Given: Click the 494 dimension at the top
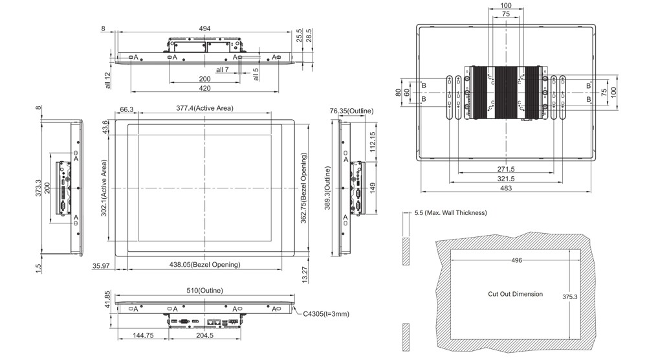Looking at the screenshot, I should pos(204,28).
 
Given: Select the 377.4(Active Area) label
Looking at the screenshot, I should pos(204,108).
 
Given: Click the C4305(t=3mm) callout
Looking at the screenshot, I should pos(327,314).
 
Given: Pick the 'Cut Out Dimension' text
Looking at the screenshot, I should pos(515,294).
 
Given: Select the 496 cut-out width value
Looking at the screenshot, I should pos(516,260).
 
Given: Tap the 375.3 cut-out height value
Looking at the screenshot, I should pos(570,297).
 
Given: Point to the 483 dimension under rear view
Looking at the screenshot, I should pos(505,188).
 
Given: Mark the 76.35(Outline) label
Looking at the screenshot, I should pos(351,111).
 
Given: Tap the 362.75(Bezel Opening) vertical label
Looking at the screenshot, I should pos(303,188).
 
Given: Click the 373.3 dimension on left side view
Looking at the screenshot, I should pos(39,188).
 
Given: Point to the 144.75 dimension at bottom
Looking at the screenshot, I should pos(142,336).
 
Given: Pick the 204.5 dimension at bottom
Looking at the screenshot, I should pos(204,336).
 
